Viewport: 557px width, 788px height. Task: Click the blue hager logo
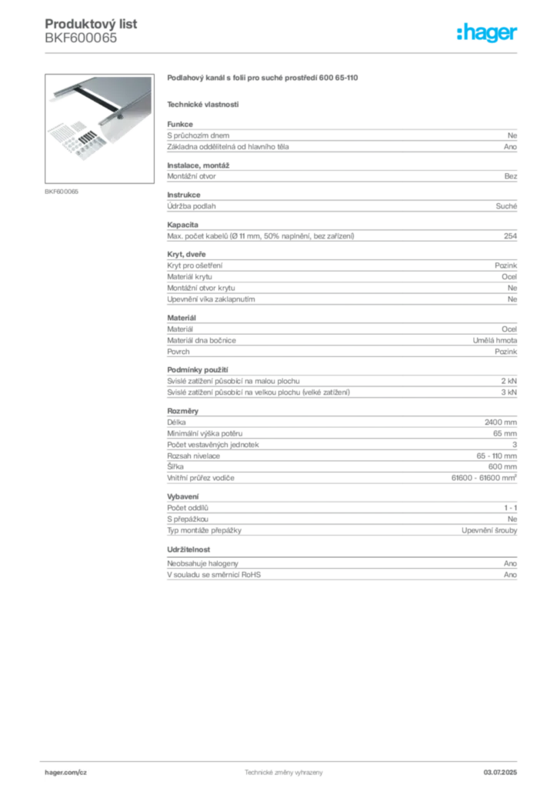(x=489, y=34)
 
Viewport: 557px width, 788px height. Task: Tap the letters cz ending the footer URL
(x=82, y=772)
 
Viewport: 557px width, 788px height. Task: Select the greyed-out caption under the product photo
(x=62, y=191)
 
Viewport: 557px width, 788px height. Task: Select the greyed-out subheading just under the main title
(x=203, y=104)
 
